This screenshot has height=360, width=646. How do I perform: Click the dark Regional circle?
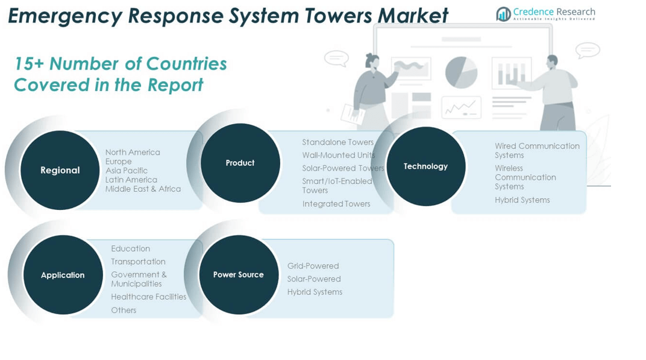[60, 170]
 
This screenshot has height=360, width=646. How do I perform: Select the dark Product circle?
[240, 163]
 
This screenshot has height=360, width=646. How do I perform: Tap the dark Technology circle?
[425, 166]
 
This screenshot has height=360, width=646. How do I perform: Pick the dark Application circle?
[63, 275]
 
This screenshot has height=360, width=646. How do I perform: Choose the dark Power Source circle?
[239, 274]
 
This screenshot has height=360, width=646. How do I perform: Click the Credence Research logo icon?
[503, 14]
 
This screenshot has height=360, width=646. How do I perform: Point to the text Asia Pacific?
[127, 171]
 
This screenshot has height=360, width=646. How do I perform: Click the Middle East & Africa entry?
[143, 189]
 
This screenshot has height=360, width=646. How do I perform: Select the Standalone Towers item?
[337, 142]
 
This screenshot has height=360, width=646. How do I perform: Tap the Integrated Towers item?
[336, 204]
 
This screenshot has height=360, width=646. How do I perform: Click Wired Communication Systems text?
[537, 150]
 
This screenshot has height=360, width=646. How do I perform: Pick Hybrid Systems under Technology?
[522, 200]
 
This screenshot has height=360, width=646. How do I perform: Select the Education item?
[130, 248]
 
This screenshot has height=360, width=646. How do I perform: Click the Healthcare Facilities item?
[148, 297]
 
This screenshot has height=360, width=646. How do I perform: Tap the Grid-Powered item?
[313, 266]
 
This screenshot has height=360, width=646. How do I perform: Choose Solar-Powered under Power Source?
[314, 279]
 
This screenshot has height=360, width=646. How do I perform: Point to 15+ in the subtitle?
[28, 63]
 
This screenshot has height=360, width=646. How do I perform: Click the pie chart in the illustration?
[461, 72]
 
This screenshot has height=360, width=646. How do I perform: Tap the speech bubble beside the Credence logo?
[587, 50]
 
